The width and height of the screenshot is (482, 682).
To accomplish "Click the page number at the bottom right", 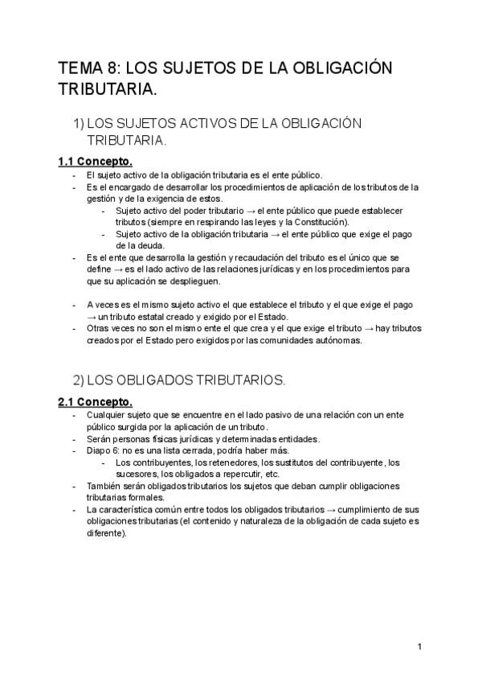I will [420, 647].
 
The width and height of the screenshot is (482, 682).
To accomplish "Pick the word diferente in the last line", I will [105, 533].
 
